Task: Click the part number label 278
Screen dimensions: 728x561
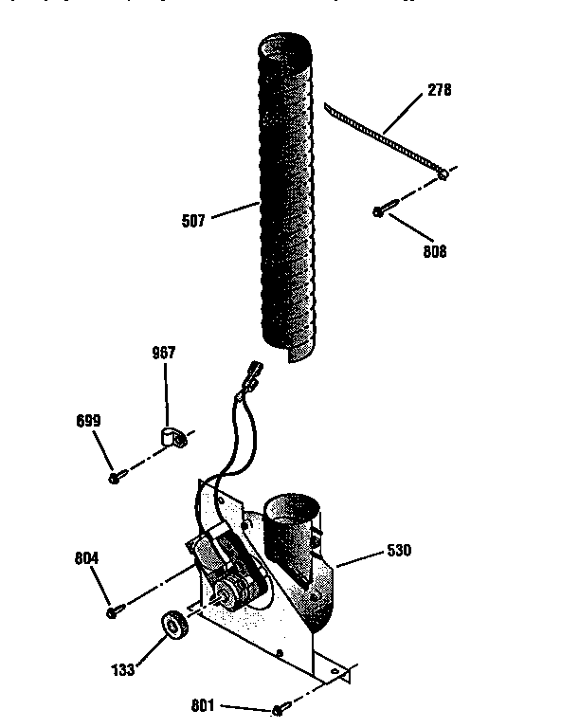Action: click(439, 91)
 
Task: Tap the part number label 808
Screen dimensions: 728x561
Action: click(434, 252)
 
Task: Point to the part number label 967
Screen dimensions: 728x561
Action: click(163, 354)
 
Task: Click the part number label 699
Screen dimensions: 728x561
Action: click(88, 420)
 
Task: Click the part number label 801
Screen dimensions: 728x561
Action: click(205, 705)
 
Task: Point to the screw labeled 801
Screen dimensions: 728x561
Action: click(278, 710)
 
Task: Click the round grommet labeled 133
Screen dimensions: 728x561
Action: click(174, 627)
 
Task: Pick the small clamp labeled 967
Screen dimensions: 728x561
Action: click(171, 437)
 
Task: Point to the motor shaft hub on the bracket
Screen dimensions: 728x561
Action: click(226, 595)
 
